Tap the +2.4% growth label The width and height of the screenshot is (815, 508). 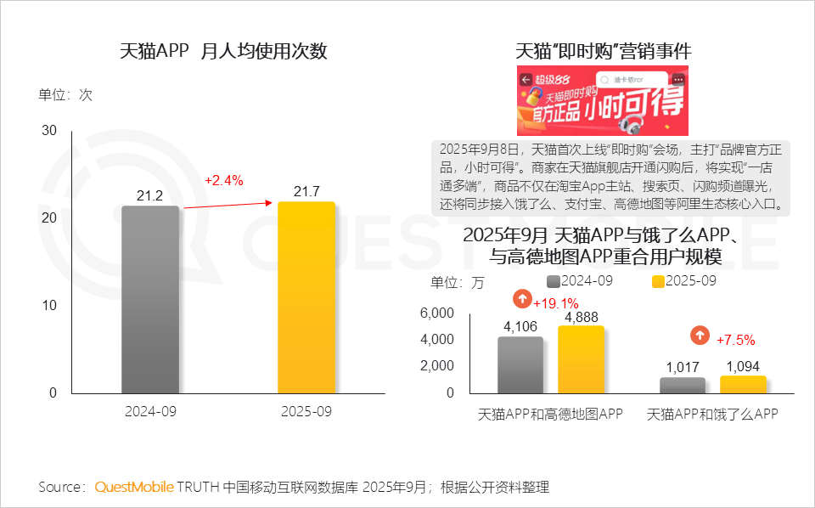point(223,180)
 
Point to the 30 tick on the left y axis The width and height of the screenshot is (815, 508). point(49,130)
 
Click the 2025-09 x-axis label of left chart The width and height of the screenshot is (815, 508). point(306,411)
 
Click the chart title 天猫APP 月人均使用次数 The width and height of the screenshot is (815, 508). point(223,51)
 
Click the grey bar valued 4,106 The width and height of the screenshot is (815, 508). point(520,365)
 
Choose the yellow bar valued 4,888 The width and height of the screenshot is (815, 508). point(581,360)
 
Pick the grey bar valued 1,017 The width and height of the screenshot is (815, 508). point(683,386)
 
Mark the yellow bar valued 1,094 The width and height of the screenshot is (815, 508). point(743,385)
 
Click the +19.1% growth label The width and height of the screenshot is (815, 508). point(555,303)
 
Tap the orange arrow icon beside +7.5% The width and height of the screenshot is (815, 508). point(700,336)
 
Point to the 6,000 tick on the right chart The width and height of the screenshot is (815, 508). point(437,313)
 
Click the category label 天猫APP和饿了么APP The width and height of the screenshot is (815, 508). point(712,415)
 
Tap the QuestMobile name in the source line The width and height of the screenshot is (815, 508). point(133,487)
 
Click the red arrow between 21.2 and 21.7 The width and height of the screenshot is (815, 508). point(227,205)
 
